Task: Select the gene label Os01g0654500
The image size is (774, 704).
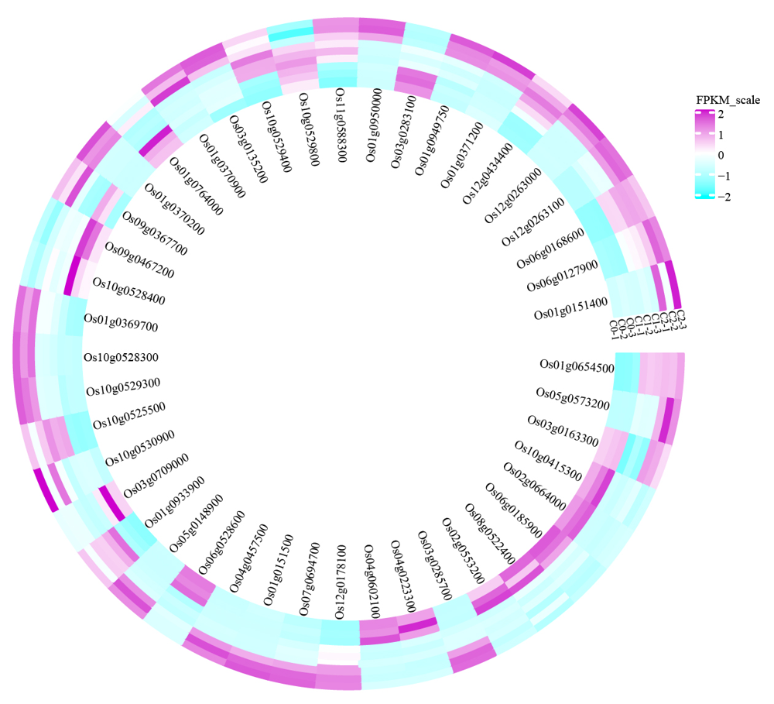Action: [577, 366]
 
